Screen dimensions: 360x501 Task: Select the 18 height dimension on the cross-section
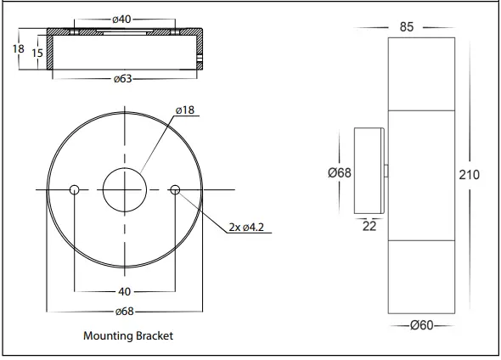coord(18,49)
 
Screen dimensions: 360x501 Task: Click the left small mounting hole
coord(75,188)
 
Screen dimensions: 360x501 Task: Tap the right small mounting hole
coord(176,188)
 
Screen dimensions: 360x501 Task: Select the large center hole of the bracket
coord(125,188)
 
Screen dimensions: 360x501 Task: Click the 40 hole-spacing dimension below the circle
coord(125,292)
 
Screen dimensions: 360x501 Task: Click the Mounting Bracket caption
coord(128,336)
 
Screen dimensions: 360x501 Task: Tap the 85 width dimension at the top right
coord(406,26)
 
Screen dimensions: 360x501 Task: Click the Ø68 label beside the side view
coord(339,172)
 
